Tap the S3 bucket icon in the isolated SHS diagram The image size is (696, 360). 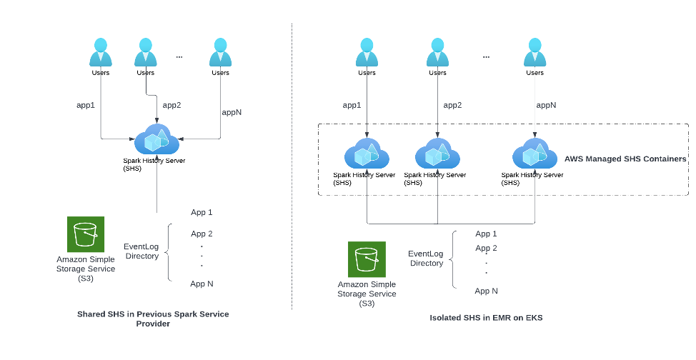pos(367,259)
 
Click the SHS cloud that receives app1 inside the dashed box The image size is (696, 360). pos(367,154)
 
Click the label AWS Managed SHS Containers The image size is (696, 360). pos(625,159)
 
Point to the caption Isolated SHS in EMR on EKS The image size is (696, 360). pos(486,318)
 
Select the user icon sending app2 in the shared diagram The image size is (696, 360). pos(146,54)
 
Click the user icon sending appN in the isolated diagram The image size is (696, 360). pos(535,54)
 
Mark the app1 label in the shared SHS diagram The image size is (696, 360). pos(86,105)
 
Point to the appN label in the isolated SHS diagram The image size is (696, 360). pos(546,105)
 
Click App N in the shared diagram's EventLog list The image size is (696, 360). pos(202,284)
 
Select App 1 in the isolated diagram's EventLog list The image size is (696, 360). pos(486,234)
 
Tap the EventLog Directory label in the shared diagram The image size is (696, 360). pos(141,251)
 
